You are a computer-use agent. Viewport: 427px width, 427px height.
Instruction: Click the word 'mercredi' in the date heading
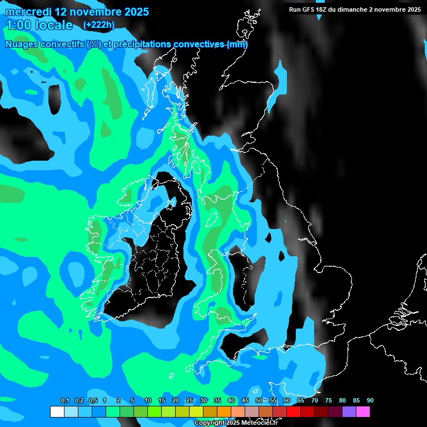coord(27,12)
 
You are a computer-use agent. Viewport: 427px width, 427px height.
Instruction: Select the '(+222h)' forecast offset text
coord(98,25)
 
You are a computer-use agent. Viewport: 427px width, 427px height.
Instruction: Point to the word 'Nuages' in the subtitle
coord(22,44)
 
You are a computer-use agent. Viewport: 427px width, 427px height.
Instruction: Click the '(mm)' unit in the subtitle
coord(237,44)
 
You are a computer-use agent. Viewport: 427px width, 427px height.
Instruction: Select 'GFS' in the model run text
coord(309,9)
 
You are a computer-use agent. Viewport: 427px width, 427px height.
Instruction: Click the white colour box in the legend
coord(57,411)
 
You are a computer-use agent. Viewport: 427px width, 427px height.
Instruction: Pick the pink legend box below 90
coord(363,411)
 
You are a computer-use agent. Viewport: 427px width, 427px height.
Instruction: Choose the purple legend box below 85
coord(349,411)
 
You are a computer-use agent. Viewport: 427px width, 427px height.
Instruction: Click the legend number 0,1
coord(65,401)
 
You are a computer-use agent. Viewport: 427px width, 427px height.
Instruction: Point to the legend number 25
coord(189,401)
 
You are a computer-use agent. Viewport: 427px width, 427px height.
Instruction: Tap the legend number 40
coord(231,401)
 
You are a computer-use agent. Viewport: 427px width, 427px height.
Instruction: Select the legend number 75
coord(328,401)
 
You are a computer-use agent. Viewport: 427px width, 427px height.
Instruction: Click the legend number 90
coord(370,401)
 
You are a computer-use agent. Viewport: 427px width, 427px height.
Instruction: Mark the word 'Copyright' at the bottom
coord(208,423)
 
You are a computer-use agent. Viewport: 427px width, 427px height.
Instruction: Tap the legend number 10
coord(147,401)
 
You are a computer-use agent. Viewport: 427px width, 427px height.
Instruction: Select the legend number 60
coord(286,401)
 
